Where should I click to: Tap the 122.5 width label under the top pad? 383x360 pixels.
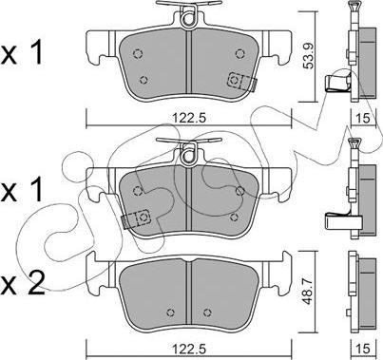coord(189,118)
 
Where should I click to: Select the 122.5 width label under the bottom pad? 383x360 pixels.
coord(189,349)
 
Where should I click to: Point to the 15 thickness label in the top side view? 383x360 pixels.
coord(363,118)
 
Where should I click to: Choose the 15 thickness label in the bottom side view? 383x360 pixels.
coord(363,349)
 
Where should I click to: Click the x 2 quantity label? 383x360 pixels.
coord(22,284)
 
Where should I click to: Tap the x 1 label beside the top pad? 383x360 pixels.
coord(22,53)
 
